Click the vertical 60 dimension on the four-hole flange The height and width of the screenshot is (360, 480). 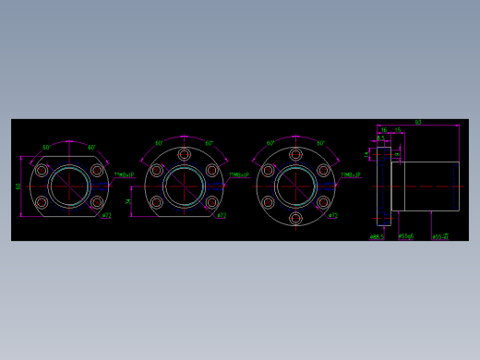pos(18,186)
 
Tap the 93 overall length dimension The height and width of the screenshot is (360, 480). pos(417,122)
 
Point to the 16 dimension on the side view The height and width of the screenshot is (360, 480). pos(384,130)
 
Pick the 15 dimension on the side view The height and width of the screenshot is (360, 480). pos(398,130)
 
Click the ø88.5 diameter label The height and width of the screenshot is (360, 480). pos(377,236)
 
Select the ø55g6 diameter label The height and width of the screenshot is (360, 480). pos(405,236)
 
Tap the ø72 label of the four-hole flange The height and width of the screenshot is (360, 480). pos(106,216)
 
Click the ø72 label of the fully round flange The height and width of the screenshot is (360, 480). pos(333,216)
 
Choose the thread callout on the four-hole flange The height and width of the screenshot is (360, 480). pos(124,174)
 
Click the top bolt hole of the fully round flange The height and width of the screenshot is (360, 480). pos(295,154)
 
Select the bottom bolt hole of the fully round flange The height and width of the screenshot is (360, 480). pos(295,218)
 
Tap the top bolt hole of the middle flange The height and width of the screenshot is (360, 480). pos(185,154)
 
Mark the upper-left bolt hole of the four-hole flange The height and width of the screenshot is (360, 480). pos(42,170)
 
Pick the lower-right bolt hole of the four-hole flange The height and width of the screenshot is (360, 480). pos(97,202)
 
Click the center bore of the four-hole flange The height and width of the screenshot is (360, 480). pos(69,186)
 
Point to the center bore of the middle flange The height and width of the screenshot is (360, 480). pos(185,186)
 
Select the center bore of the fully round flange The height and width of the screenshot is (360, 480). pos(295,186)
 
